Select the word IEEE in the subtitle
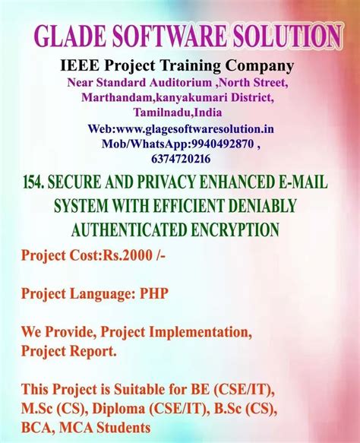tap(79, 66)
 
